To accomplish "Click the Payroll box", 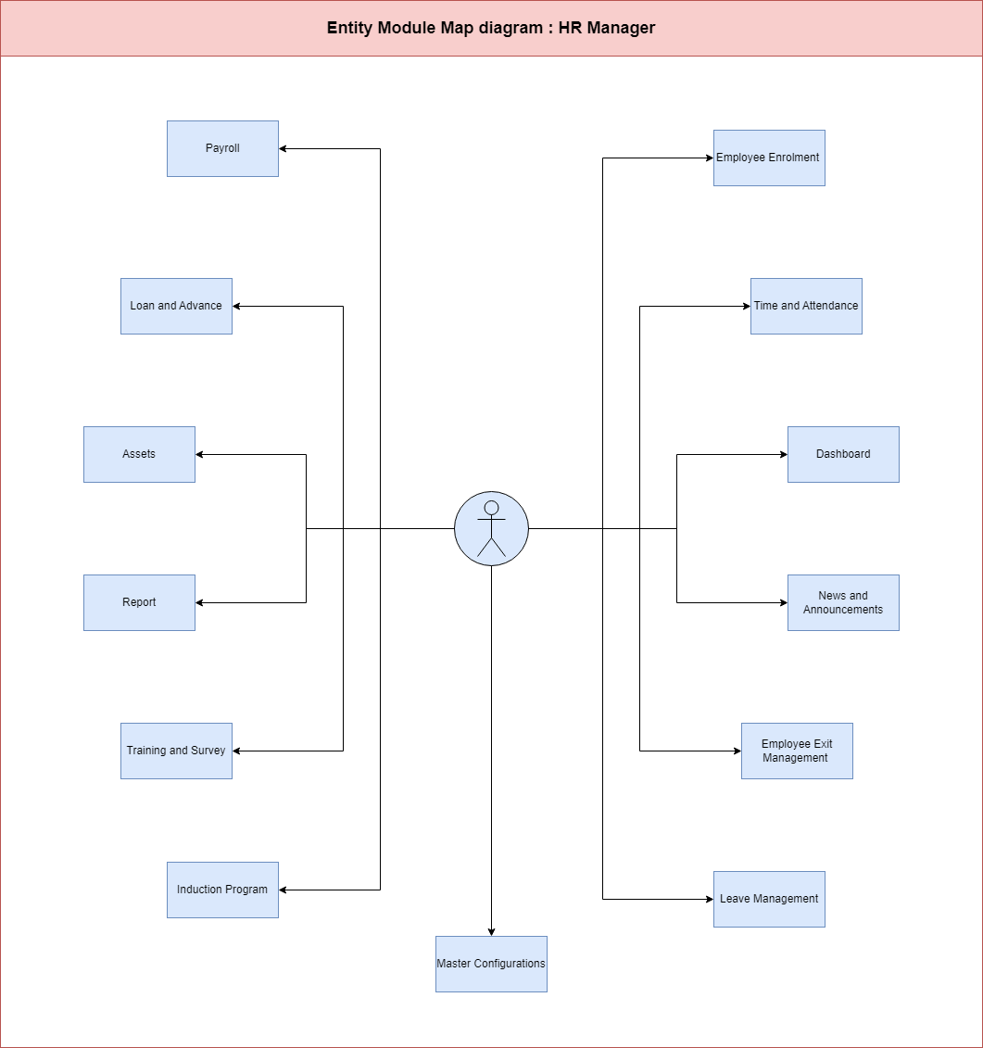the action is coord(222,148).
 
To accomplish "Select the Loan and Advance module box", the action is coord(176,306).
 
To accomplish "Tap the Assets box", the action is coord(139,454).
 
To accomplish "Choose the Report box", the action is coord(139,603).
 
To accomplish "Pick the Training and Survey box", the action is coord(176,751).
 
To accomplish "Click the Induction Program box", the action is coord(222,890).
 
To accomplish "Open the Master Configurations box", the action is coord(491,964).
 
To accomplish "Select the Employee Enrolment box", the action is coord(769,158).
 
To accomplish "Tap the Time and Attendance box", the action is coord(807,306).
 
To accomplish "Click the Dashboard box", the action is coord(843,454).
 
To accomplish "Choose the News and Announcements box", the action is coord(843,603).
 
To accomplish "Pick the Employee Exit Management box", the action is coord(797,751).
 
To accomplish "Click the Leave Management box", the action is coord(769,900).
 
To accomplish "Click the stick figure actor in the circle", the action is coord(491,529).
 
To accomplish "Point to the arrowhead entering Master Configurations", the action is coord(491,932).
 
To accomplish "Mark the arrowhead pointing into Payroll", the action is coord(283,148).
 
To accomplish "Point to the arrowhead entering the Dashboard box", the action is coord(784,454).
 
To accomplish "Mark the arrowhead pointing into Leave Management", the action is coord(710,900).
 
